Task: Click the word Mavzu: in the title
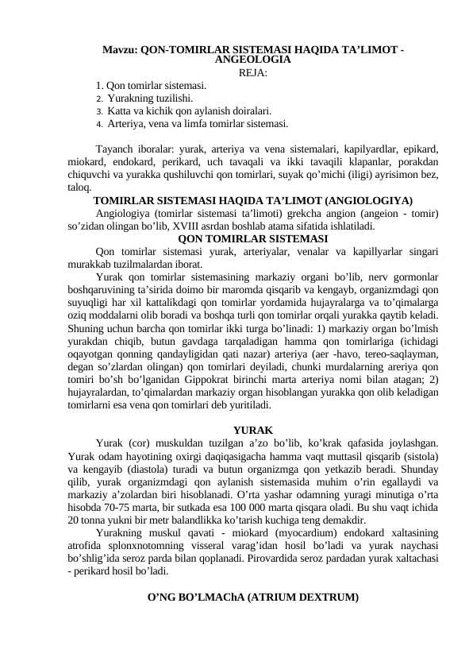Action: (x=120, y=50)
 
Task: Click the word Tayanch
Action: (x=113, y=149)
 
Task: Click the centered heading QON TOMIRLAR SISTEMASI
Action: (x=253, y=238)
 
